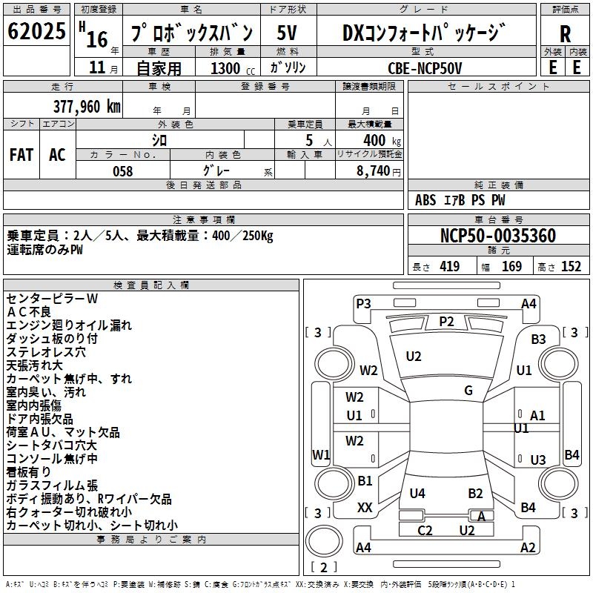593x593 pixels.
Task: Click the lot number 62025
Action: tap(36, 30)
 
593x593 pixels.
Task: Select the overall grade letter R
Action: tap(565, 34)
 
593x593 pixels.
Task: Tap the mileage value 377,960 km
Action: tap(87, 106)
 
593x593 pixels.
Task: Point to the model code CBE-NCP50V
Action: tap(425, 68)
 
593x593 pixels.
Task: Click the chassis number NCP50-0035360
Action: tap(498, 236)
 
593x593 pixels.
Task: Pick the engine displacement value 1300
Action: tap(225, 68)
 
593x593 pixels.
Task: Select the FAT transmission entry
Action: tap(21, 155)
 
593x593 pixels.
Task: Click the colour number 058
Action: tap(122, 171)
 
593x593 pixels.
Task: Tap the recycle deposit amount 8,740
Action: tap(373, 171)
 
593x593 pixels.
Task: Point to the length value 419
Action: tap(450, 266)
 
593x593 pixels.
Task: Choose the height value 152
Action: tap(571, 266)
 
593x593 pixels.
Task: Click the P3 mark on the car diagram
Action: tap(363, 304)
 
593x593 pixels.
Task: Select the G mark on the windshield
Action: tap(468, 391)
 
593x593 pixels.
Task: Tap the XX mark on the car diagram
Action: tap(365, 508)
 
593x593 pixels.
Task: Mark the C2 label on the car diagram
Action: tap(425, 531)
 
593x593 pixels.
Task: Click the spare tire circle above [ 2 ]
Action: tap(324, 541)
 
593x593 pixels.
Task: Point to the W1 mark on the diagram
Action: tap(321, 454)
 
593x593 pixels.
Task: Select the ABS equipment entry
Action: tap(425, 200)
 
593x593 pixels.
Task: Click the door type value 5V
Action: tap(287, 33)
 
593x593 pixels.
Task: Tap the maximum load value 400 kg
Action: tap(382, 141)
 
